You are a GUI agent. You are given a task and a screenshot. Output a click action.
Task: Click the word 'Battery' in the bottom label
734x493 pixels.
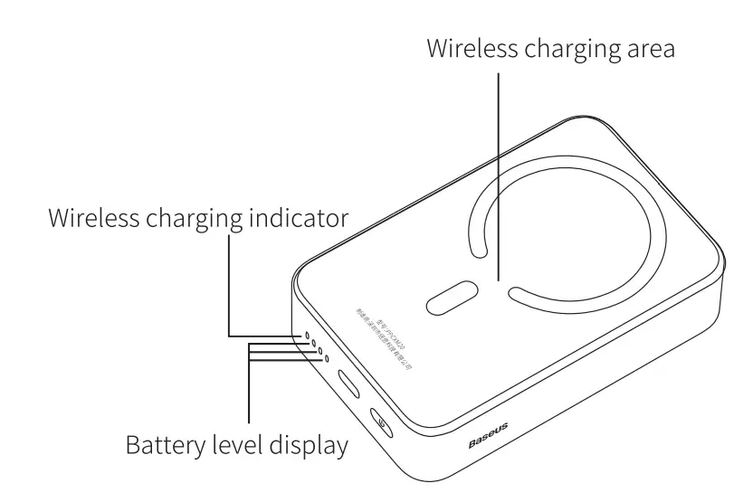tap(159, 445)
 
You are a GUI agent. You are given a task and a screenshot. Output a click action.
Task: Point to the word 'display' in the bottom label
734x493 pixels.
tap(307, 445)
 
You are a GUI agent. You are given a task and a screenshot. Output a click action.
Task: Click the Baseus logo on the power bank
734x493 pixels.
tap(488, 435)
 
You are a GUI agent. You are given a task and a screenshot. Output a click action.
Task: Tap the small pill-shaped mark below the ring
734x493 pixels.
tap(453, 298)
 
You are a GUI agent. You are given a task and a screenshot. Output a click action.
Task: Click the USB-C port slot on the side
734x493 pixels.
tap(348, 383)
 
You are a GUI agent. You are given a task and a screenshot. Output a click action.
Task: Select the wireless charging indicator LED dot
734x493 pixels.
tap(306, 336)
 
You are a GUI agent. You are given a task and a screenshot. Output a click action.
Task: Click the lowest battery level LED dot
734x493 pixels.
tap(326, 359)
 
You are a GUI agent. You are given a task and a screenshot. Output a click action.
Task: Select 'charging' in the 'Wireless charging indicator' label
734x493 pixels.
tap(181, 219)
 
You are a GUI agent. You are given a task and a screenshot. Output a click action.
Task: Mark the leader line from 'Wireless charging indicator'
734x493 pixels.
tap(231, 289)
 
